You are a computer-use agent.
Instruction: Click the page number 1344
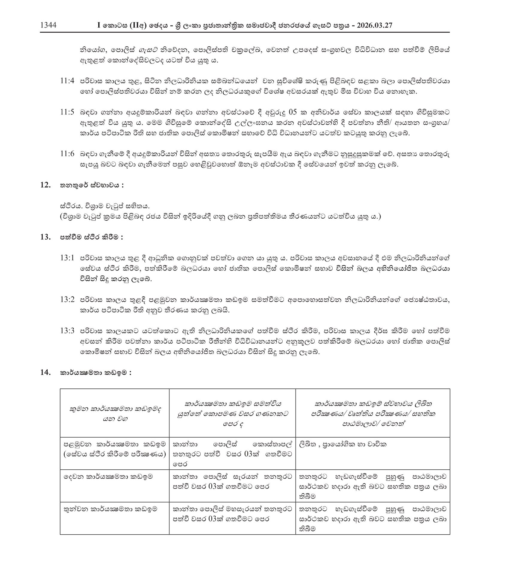[x=48, y=25]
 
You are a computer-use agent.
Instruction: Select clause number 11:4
[x=67, y=81]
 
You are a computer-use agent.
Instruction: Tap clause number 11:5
[x=67, y=112]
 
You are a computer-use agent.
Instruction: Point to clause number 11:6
[x=67, y=154]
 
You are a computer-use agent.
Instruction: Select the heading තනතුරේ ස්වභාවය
[x=92, y=185]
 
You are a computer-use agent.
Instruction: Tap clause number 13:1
[x=67, y=258]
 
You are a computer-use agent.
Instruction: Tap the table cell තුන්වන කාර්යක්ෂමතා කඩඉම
[x=110, y=509]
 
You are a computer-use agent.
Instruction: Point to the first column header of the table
[x=115, y=414]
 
